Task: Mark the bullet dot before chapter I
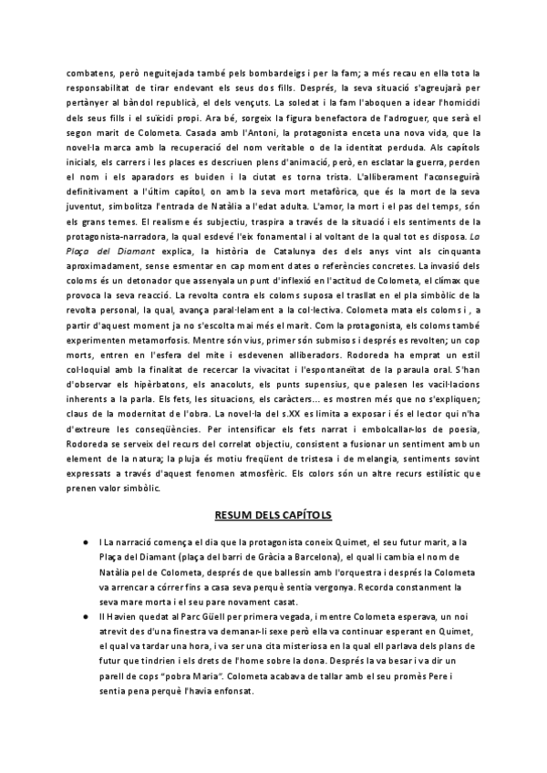tap(85, 545)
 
